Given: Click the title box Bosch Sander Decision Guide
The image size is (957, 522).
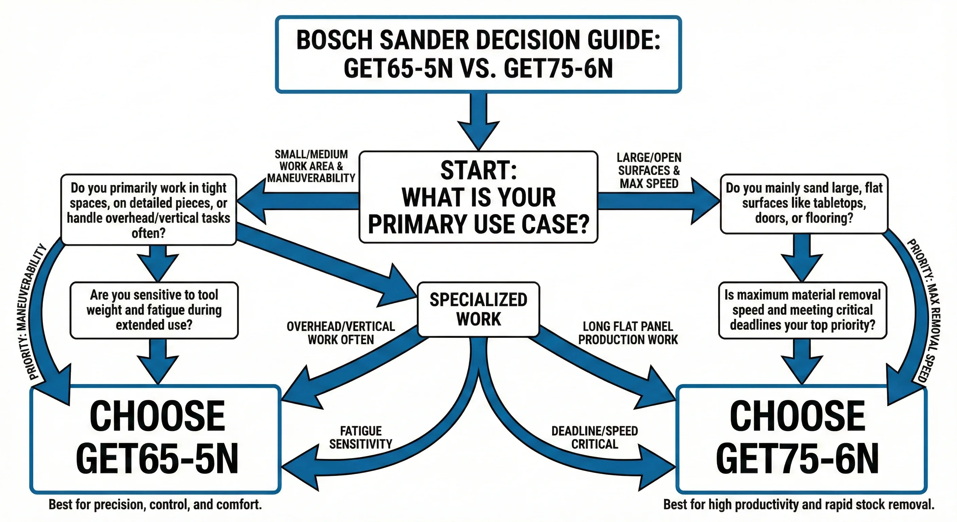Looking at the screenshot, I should coord(478,54).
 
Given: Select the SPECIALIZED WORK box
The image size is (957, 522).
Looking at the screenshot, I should coord(478,309).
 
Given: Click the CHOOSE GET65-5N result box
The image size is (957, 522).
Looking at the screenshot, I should coord(156,438).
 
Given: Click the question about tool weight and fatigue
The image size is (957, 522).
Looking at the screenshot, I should coord(154,310).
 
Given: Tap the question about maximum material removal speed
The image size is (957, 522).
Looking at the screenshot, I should coord(802,310).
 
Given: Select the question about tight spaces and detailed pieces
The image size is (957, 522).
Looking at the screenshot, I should coord(149,210).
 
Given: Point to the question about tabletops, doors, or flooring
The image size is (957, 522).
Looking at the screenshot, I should coord(804,204).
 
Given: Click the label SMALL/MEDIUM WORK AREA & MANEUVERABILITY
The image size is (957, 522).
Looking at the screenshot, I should coord(311,166).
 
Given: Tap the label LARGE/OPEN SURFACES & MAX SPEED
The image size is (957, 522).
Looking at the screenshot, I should coord(649,171).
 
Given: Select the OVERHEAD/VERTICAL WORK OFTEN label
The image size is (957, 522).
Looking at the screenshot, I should coord(341,333).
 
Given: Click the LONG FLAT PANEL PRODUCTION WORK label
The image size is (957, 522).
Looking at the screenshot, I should coord(628,333).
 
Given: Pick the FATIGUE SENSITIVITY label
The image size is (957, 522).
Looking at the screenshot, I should coord(361,437).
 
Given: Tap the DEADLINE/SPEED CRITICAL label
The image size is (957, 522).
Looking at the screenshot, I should coord(594,437).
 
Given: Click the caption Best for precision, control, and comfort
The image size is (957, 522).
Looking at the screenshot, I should coord(155,505).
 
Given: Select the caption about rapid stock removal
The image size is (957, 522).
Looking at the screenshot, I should coord(799,505).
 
